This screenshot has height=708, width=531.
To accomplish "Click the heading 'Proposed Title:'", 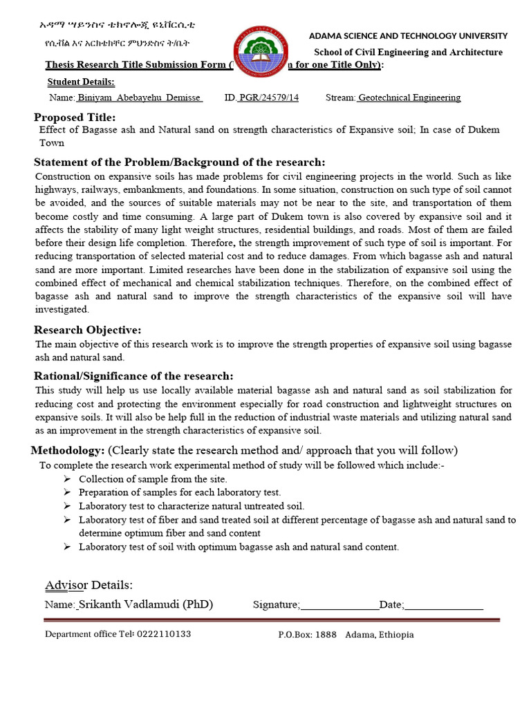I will pyautogui.click(x=75, y=117).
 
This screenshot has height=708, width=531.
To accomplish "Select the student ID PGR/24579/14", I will pyautogui.click(x=268, y=97).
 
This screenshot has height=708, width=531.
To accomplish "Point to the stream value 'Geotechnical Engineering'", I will pyautogui.click(x=409, y=97).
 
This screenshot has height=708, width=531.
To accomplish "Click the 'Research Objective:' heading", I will pyautogui.click(x=88, y=330).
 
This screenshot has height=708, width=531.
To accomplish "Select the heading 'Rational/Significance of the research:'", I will pyautogui.click(x=133, y=376).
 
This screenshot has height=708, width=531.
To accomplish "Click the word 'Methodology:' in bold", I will pyautogui.click(x=68, y=451).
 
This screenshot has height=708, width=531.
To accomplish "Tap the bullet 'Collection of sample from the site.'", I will pyautogui.click(x=153, y=479).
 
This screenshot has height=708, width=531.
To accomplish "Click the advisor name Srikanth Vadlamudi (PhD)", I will pyautogui.click(x=145, y=604).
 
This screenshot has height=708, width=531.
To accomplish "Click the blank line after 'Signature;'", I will pyautogui.click(x=339, y=606).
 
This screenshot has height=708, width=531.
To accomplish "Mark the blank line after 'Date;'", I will pyautogui.click(x=443, y=606).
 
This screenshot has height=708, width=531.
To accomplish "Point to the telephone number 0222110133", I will pyautogui.click(x=164, y=634).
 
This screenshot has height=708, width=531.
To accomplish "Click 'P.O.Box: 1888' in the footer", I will pyautogui.click(x=307, y=635).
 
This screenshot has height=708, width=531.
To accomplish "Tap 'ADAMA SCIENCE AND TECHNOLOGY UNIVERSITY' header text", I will pyautogui.click(x=408, y=36).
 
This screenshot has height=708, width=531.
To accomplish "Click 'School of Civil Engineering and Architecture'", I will pyautogui.click(x=409, y=53).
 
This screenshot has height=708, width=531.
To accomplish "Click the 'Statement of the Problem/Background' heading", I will pyautogui.click(x=179, y=162).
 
